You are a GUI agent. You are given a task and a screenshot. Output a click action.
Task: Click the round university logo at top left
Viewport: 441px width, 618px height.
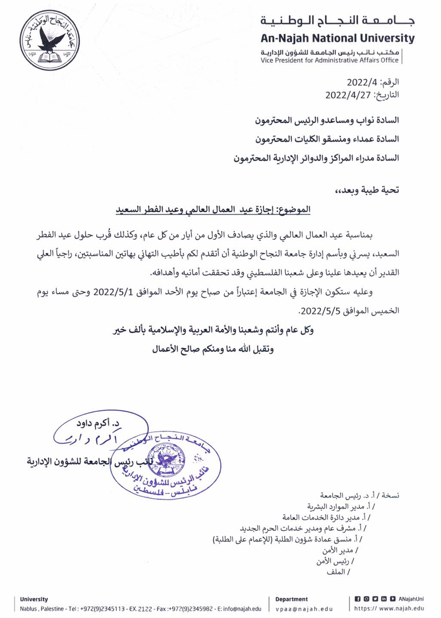tap(46, 40)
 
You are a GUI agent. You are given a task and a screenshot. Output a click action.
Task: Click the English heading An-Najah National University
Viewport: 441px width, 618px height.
tap(338, 38)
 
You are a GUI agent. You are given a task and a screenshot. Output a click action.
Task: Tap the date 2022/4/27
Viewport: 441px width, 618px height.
tap(348, 95)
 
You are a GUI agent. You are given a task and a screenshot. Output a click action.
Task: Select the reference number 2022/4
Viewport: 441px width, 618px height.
tap(362, 82)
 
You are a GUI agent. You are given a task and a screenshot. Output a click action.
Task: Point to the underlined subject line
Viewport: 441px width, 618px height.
tap(213, 210)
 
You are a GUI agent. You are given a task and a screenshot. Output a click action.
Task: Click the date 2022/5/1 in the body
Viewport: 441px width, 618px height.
tap(115, 292)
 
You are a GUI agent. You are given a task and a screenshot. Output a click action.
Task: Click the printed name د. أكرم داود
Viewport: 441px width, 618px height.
tap(98, 424)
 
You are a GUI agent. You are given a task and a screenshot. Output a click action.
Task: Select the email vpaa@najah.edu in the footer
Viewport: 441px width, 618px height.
tap(304, 609)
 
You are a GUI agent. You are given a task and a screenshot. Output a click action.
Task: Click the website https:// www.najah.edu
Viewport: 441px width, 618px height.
tap(389, 609)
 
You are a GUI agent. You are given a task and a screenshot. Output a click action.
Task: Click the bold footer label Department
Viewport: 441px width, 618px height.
tap(291, 599)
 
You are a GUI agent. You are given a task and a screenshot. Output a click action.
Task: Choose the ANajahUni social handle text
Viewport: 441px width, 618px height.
tap(411, 599)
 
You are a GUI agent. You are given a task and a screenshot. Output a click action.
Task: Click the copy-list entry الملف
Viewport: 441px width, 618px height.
tap(336, 572)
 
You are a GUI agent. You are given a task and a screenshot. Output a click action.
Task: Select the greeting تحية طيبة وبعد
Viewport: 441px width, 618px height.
tap(371, 190)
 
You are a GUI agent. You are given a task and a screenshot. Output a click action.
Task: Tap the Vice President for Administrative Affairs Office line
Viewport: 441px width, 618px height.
tap(330, 60)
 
